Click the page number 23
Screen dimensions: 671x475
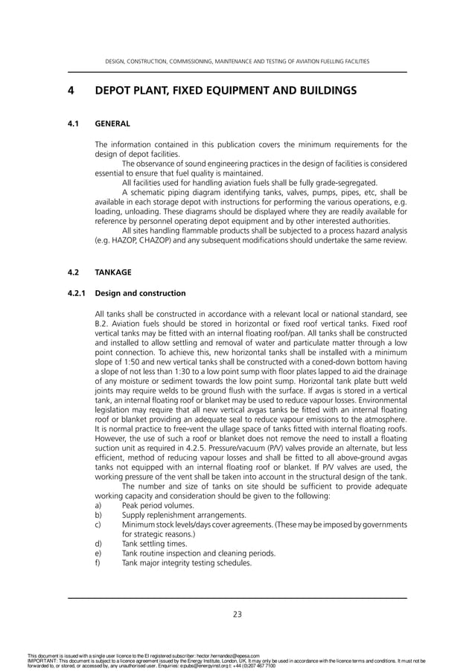pos(238,614)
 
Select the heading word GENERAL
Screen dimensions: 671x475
pos(112,123)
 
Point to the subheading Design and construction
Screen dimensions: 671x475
pos(141,293)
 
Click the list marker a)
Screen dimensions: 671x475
pos(99,505)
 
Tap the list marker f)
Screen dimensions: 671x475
pos(98,562)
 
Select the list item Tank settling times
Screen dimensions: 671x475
pos(154,543)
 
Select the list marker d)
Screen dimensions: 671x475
pos(99,543)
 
